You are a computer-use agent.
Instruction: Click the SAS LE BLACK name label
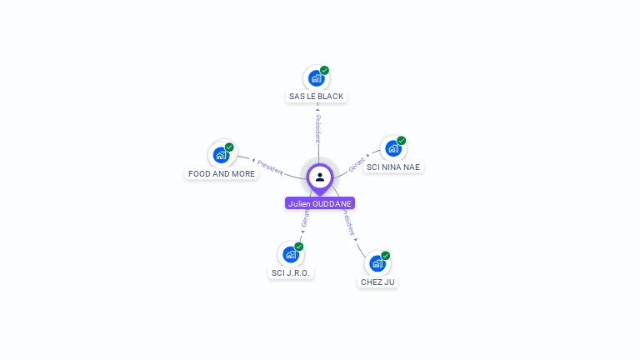click(x=316, y=97)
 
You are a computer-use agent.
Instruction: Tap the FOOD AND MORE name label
click(x=222, y=174)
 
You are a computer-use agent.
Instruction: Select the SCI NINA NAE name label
click(x=393, y=167)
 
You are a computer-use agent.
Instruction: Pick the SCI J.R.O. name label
click(x=292, y=272)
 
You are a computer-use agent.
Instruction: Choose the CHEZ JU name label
click(x=377, y=282)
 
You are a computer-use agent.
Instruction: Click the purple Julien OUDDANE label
click(x=320, y=203)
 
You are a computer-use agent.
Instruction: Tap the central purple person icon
click(x=320, y=177)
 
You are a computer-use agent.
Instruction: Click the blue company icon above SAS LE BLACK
click(x=315, y=78)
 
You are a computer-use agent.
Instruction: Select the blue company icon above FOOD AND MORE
click(x=221, y=155)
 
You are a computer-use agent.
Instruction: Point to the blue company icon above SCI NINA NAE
click(x=392, y=149)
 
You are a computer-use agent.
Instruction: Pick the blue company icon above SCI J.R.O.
click(x=290, y=254)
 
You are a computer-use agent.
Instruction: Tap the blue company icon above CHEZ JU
click(x=377, y=263)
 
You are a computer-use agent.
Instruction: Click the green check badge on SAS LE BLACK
click(x=324, y=70)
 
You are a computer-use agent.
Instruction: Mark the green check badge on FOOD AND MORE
click(x=229, y=147)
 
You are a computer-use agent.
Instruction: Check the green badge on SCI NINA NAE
click(x=401, y=141)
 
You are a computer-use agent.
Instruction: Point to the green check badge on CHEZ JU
click(x=385, y=255)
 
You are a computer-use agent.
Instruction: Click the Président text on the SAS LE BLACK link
click(x=317, y=128)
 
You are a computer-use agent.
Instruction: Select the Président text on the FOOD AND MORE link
click(x=270, y=166)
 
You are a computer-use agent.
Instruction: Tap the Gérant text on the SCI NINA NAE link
click(x=357, y=163)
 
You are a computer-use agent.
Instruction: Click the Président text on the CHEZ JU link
click(x=349, y=223)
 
